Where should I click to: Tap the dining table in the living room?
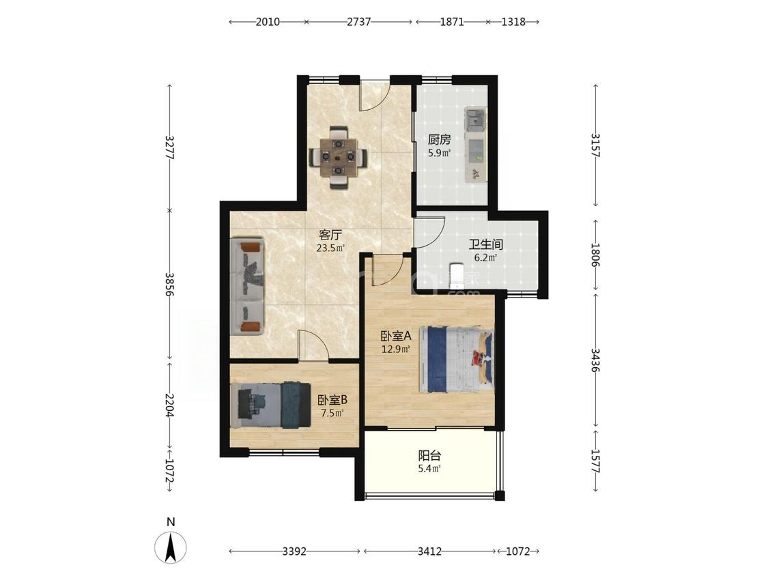[338, 157]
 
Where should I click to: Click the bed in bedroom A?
[456, 359]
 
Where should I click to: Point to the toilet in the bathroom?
[456, 275]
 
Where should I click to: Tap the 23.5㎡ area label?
[330, 248]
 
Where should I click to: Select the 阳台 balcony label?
[429, 455]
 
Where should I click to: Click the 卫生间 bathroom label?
[486, 244]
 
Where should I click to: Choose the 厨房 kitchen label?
[440, 140]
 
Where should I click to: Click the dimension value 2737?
[359, 22]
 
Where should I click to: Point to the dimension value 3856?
[170, 285]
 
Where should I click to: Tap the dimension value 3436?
[595, 360]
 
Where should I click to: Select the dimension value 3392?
[294, 551]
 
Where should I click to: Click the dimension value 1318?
[513, 22]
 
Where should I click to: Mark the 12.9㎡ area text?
[396, 349]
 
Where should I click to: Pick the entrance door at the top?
[374, 95]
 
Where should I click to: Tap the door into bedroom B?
[313, 347]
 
